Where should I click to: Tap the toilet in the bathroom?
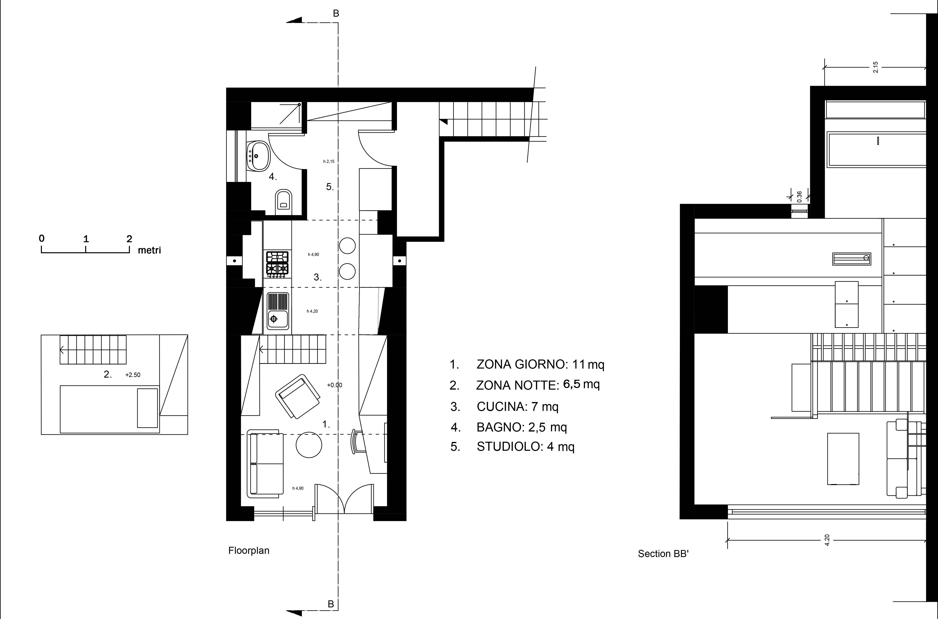(283, 200)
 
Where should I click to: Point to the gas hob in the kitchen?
(277, 263)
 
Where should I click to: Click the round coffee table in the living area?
(309, 445)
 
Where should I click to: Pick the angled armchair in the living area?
(298, 396)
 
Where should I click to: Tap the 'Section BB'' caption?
(663, 554)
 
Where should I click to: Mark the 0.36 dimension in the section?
(799, 197)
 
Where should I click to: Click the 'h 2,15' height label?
(329, 161)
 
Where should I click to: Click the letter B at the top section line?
(336, 13)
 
